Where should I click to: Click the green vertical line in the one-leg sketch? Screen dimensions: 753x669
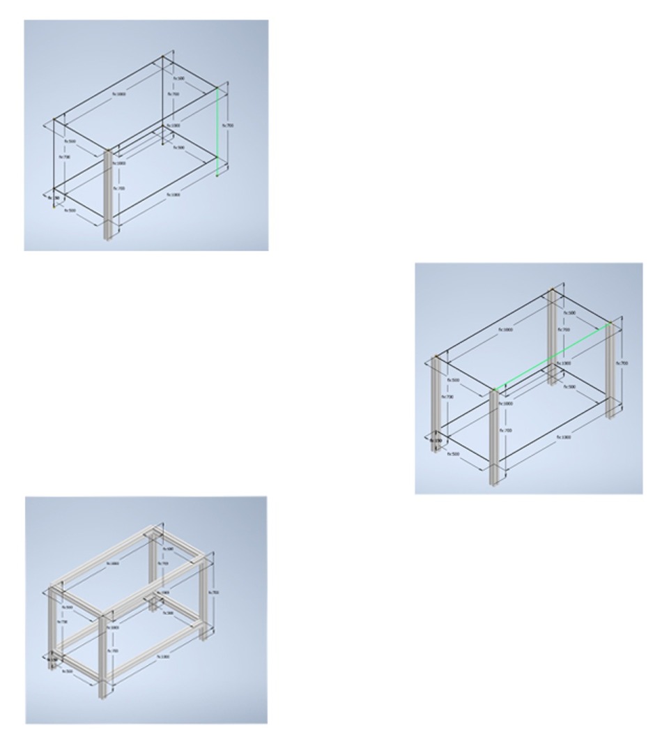tap(217, 132)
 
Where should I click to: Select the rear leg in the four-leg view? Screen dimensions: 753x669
tap(553, 335)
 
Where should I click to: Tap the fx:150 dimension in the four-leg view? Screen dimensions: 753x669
tap(436, 441)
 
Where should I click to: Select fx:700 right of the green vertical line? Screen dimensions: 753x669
tap(228, 125)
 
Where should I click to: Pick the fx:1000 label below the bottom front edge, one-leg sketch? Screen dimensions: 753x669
tap(174, 195)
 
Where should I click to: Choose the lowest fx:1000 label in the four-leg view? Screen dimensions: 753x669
tap(564, 437)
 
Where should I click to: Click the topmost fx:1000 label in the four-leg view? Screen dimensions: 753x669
tap(505, 328)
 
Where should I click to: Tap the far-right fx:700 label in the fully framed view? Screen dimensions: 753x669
tap(215, 593)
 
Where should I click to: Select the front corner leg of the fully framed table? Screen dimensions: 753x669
tap(103, 655)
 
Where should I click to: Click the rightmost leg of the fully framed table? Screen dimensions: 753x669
tap(203, 600)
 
